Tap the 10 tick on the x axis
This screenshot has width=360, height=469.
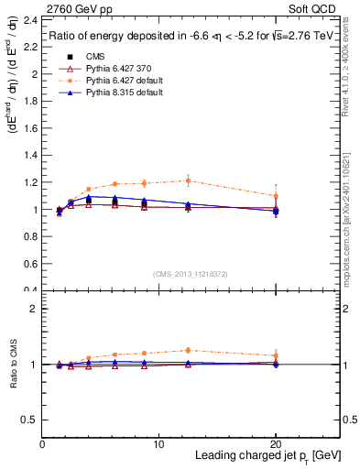point(159,442)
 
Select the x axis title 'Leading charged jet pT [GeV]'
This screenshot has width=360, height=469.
point(266,456)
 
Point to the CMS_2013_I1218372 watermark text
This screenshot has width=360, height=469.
point(191,274)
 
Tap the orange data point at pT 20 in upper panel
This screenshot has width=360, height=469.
point(277,195)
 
